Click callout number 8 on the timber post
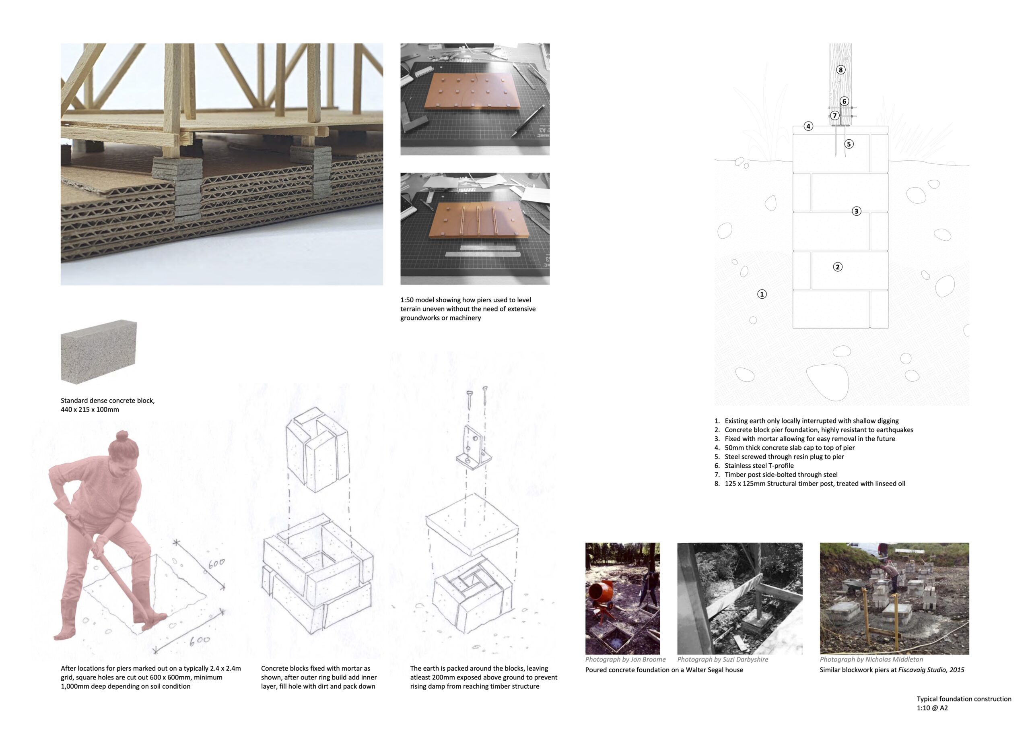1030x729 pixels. (x=840, y=70)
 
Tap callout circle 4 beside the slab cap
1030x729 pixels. (x=808, y=126)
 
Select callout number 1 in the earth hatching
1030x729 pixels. (x=762, y=295)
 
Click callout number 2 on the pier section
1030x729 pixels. (x=838, y=267)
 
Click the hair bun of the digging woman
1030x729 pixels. (x=122, y=436)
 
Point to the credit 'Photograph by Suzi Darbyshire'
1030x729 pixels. (x=722, y=659)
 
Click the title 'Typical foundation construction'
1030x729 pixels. (x=964, y=699)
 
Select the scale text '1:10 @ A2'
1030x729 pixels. (x=932, y=708)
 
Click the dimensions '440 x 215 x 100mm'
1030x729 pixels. (x=90, y=409)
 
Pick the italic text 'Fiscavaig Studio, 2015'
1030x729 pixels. (x=931, y=670)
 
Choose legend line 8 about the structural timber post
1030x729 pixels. (x=814, y=483)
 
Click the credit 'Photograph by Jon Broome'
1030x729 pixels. (x=625, y=659)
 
